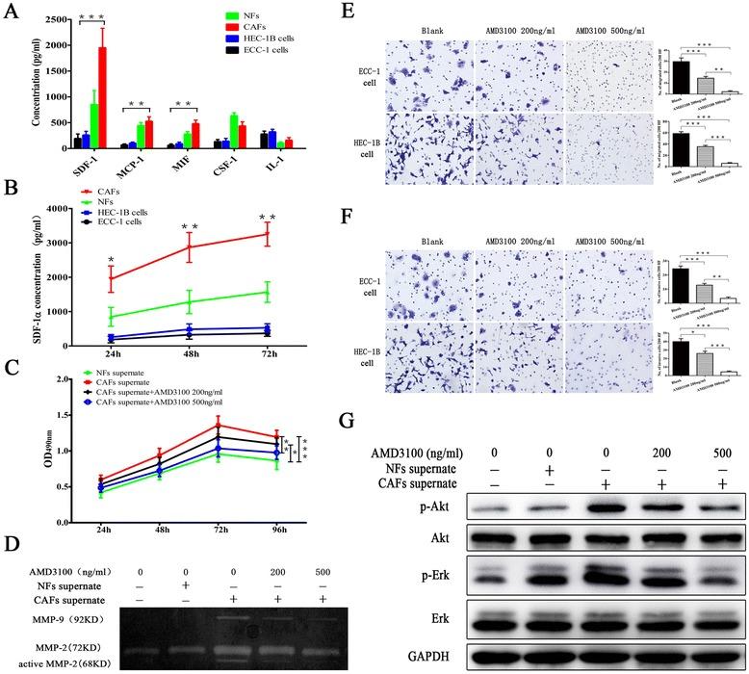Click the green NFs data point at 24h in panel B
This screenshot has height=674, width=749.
(x=112, y=317)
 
